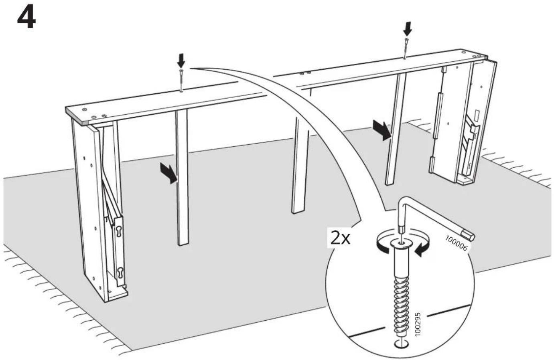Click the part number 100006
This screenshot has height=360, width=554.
456,243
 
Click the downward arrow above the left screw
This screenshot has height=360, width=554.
181,61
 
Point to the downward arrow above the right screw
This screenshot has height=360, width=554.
407,28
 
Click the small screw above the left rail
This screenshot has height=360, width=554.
181,80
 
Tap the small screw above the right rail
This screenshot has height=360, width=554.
406,48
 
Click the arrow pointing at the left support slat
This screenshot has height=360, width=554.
169,173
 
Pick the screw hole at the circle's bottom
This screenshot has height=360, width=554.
400,344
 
